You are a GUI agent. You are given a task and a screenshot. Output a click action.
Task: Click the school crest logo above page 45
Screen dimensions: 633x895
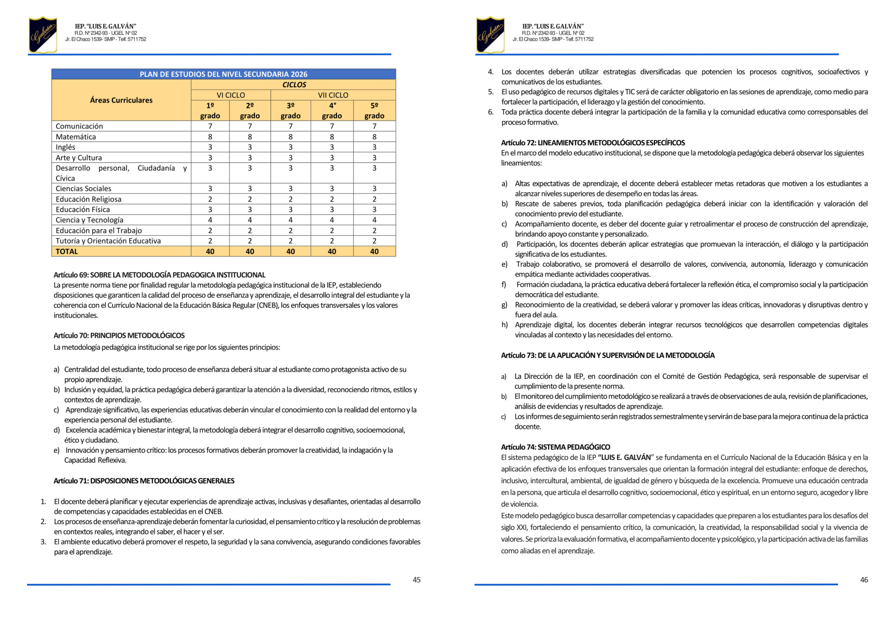[x=43, y=35]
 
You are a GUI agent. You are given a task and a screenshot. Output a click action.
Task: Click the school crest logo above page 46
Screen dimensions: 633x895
[x=490, y=35]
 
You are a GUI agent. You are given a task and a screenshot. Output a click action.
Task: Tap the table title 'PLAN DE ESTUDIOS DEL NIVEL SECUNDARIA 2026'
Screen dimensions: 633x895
[x=223, y=74]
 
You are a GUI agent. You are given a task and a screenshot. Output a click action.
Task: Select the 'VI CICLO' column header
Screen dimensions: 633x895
[x=231, y=95]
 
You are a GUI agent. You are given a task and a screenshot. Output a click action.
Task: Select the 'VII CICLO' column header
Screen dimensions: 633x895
[x=333, y=95]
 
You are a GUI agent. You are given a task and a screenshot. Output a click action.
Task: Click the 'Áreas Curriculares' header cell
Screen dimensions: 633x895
[x=121, y=100]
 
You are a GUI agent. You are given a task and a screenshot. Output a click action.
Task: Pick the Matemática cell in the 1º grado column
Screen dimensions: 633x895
[x=210, y=137]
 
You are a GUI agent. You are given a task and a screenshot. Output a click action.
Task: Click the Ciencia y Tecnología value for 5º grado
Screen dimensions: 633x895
[x=374, y=220]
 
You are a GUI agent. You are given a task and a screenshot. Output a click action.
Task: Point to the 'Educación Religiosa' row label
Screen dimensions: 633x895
[x=88, y=199]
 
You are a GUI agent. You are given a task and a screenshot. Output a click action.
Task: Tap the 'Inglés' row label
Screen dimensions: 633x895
[x=66, y=147]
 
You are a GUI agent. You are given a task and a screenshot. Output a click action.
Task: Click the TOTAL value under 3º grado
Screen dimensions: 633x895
[x=291, y=251]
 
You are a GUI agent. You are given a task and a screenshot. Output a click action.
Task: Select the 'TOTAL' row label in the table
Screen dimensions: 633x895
[x=67, y=251]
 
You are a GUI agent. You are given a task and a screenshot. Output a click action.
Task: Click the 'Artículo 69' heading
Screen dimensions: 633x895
[x=160, y=275]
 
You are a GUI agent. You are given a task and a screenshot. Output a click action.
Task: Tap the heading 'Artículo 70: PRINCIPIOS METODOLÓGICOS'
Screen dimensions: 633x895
[x=119, y=336]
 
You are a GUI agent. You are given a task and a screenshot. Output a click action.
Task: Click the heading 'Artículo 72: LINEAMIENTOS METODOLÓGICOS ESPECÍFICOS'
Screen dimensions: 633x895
[x=593, y=143]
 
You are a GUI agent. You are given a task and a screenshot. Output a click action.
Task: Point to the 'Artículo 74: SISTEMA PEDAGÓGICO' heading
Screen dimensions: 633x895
[x=555, y=447]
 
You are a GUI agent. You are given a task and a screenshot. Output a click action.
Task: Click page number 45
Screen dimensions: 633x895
[x=416, y=580]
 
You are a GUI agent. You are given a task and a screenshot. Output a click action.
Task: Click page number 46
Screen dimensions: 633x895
[x=864, y=580]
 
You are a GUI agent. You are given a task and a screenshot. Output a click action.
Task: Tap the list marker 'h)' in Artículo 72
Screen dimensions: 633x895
[x=505, y=325]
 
